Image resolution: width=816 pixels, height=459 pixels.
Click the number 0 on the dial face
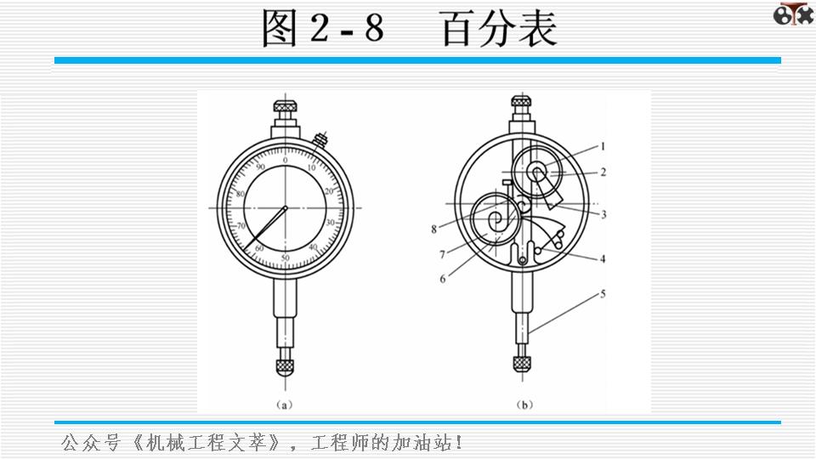coord(286,161)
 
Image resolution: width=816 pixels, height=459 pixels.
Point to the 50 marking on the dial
coord(286,257)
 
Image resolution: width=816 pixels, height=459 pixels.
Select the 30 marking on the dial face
coord(330,223)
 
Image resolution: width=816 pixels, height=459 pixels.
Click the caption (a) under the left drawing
coord(286,405)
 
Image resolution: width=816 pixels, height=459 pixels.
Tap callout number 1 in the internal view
coord(602,145)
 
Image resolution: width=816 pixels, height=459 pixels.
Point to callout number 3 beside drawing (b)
coord(603,215)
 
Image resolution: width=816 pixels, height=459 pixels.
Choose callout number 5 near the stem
coord(603,294)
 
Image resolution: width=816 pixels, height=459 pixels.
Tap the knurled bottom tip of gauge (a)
coord(286,367)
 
